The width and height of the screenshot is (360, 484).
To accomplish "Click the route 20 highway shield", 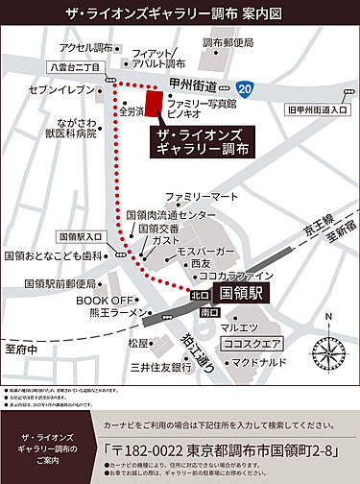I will point(248,88).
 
